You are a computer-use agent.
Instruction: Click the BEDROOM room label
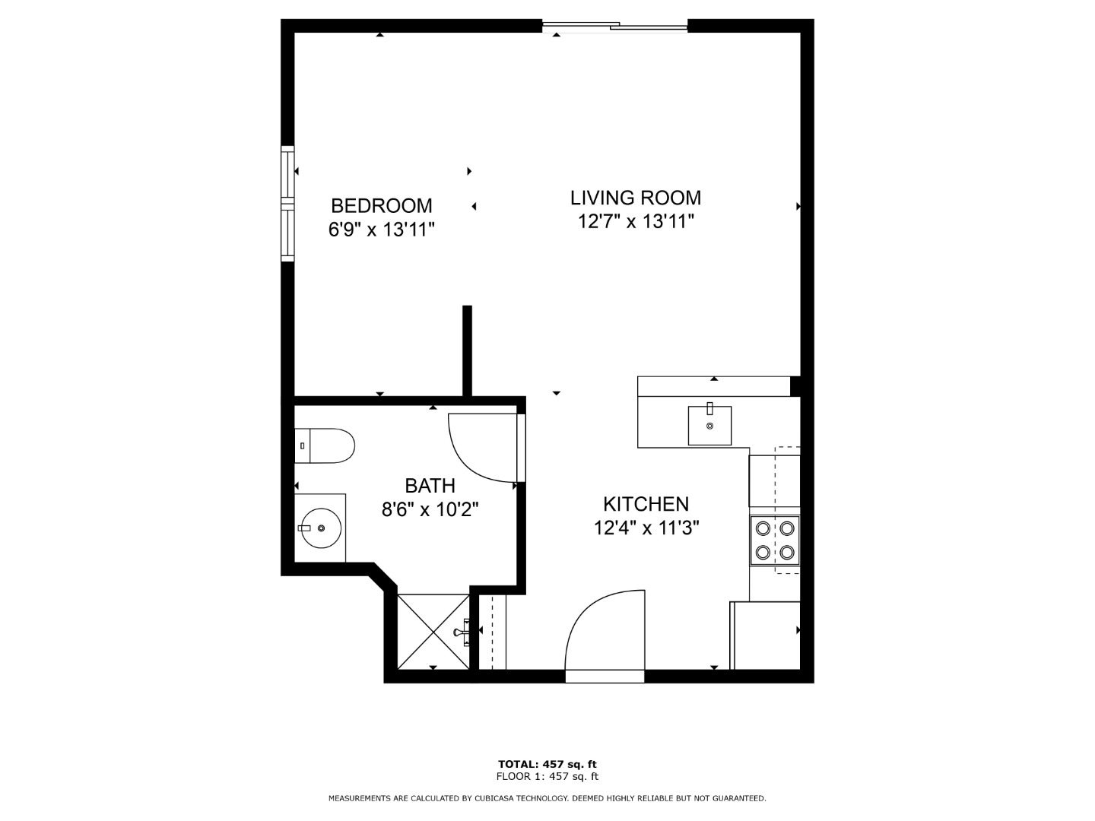[382, 206]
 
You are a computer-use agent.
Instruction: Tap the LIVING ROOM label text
[636, 198]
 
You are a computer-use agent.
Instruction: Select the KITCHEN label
[646, 504]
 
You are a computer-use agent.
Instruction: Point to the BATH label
[430, 485]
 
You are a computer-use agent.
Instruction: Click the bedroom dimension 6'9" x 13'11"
[382, 230]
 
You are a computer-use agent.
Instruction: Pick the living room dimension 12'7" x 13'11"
[636, 221]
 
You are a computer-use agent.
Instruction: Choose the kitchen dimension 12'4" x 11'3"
[646, 528]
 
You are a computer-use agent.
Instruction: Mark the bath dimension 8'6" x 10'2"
[430, 509]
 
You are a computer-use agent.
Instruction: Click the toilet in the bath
[325, 445]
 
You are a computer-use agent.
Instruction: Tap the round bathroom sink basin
[322, 528]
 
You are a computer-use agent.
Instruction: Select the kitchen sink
[710, 425]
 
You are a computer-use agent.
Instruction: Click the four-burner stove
[775, 540]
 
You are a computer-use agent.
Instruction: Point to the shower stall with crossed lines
[433, 632]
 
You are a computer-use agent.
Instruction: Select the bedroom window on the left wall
[288, 204]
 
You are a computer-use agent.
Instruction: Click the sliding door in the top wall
[615, 27]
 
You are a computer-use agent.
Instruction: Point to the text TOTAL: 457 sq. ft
[547, 764]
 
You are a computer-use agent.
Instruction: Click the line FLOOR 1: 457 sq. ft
[547, 776]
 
